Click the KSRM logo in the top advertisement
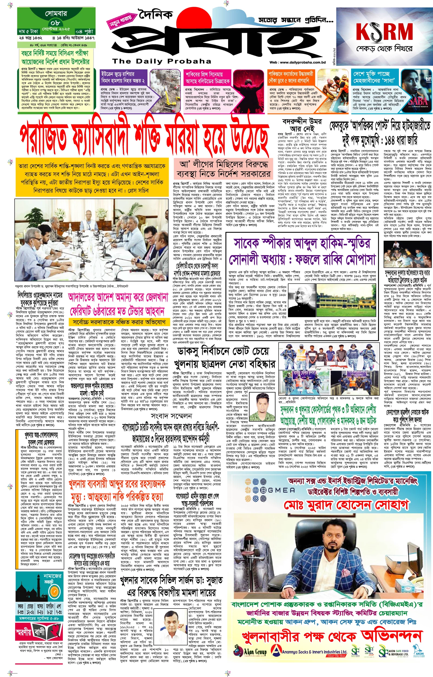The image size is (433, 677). click(384, 31)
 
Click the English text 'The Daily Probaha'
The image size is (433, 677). click(161, 61)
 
